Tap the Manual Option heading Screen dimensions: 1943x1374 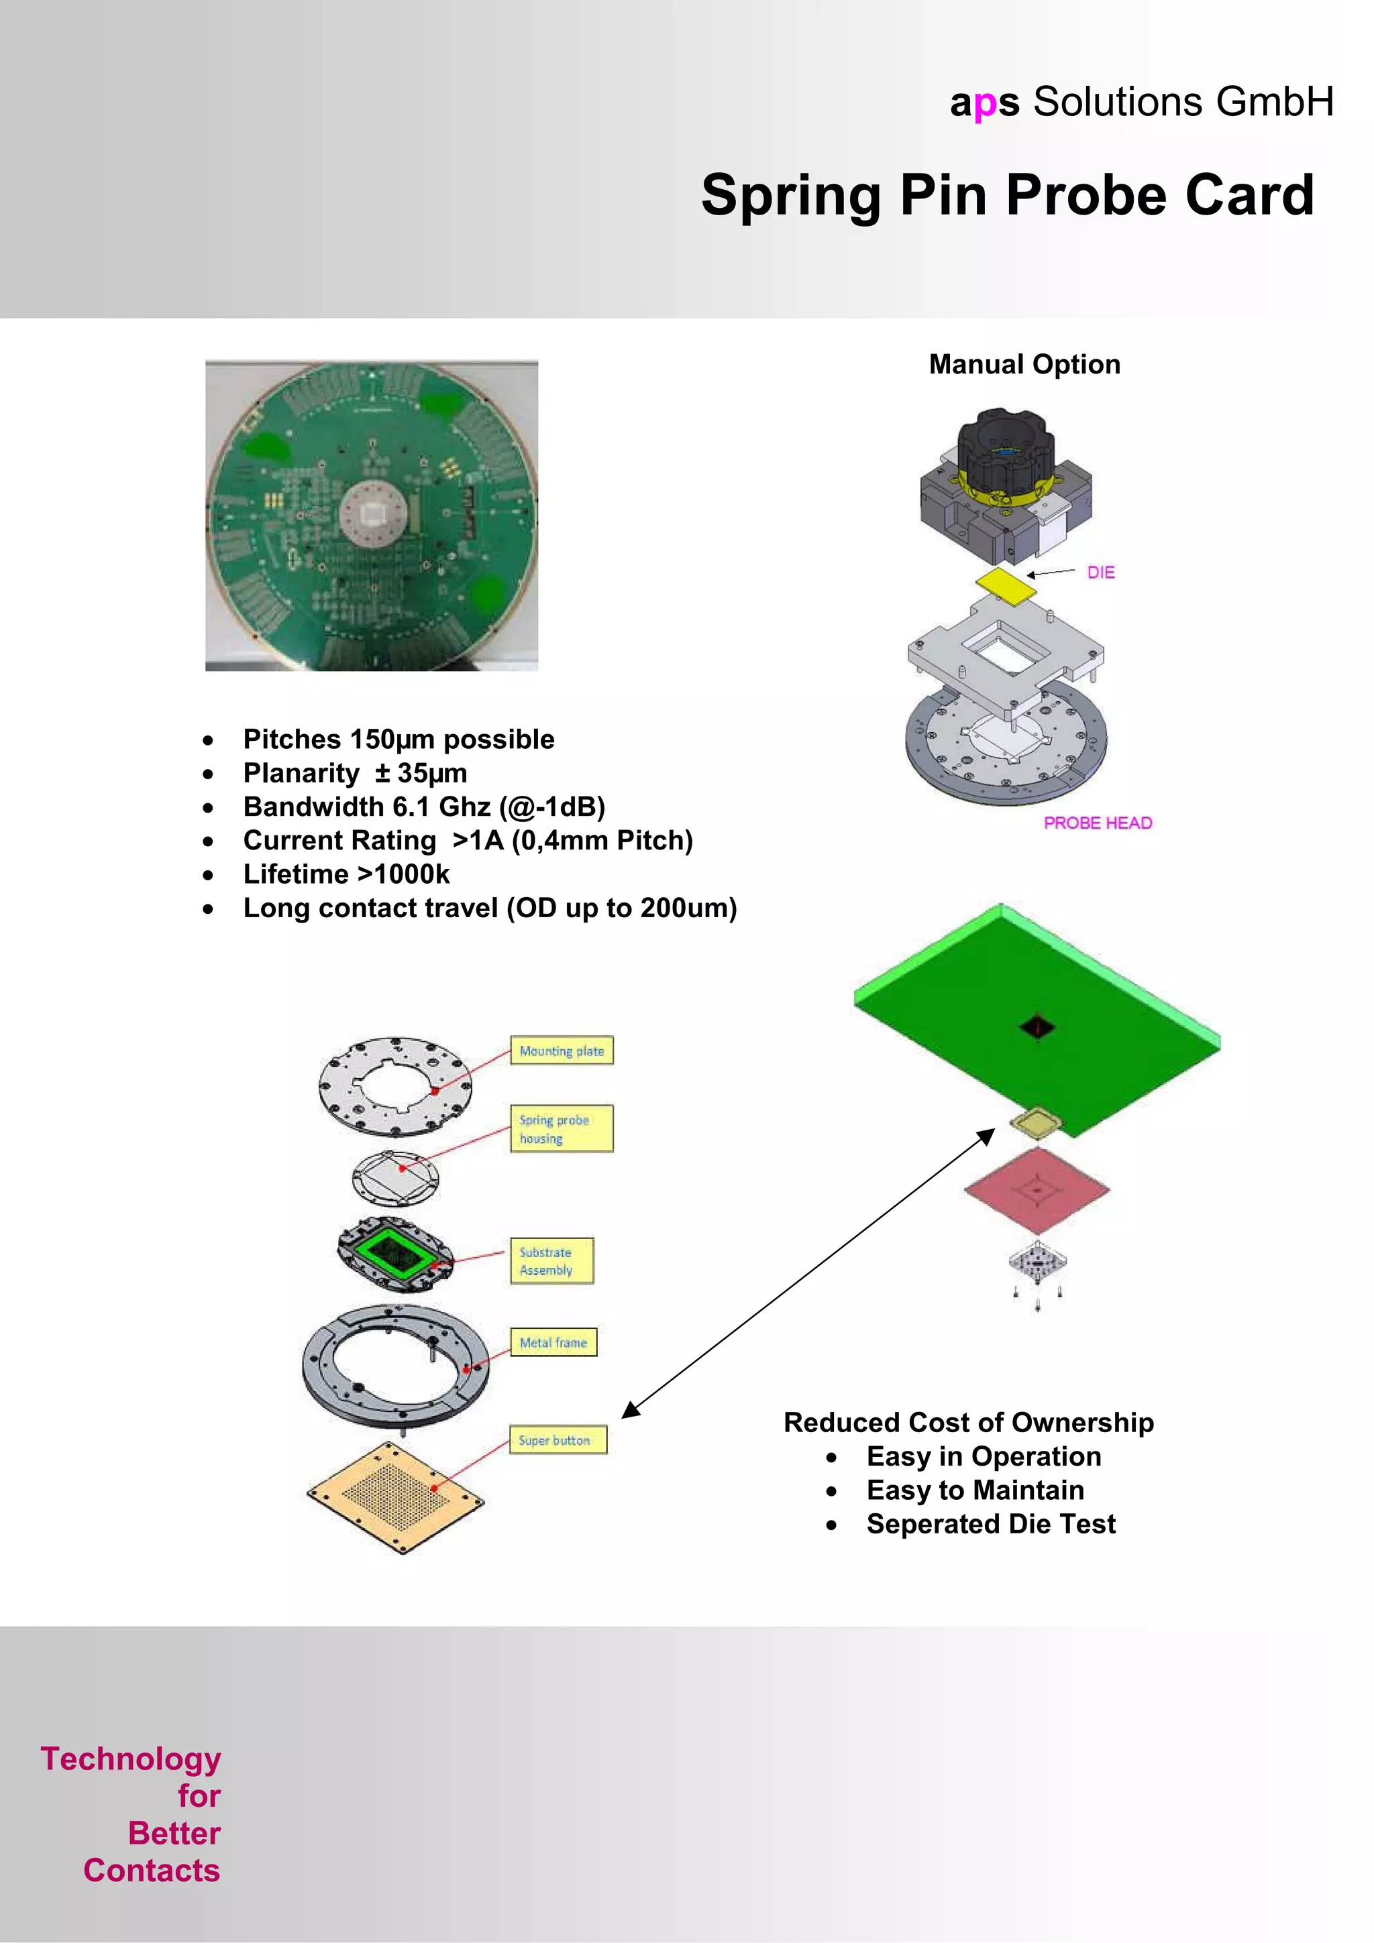pos(1024,364)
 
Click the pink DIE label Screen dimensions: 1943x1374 pos(1100,573)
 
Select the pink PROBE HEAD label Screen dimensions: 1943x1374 pos(1097,823)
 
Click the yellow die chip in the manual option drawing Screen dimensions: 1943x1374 pos(1006,584)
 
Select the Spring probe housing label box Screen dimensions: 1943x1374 pos(562,1128)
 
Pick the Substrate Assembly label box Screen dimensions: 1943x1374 pos(551,1261)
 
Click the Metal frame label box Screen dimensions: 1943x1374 pos(553,1342)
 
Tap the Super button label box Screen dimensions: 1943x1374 pos(557,1439)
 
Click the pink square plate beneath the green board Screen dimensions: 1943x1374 pos(1037,1190)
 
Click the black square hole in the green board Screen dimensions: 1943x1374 pos(1037,1026)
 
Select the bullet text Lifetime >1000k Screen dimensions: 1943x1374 pos(346,874)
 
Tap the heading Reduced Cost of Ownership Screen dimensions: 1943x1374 pos(969,1423)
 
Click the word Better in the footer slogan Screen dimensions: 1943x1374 pos(174,1833)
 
